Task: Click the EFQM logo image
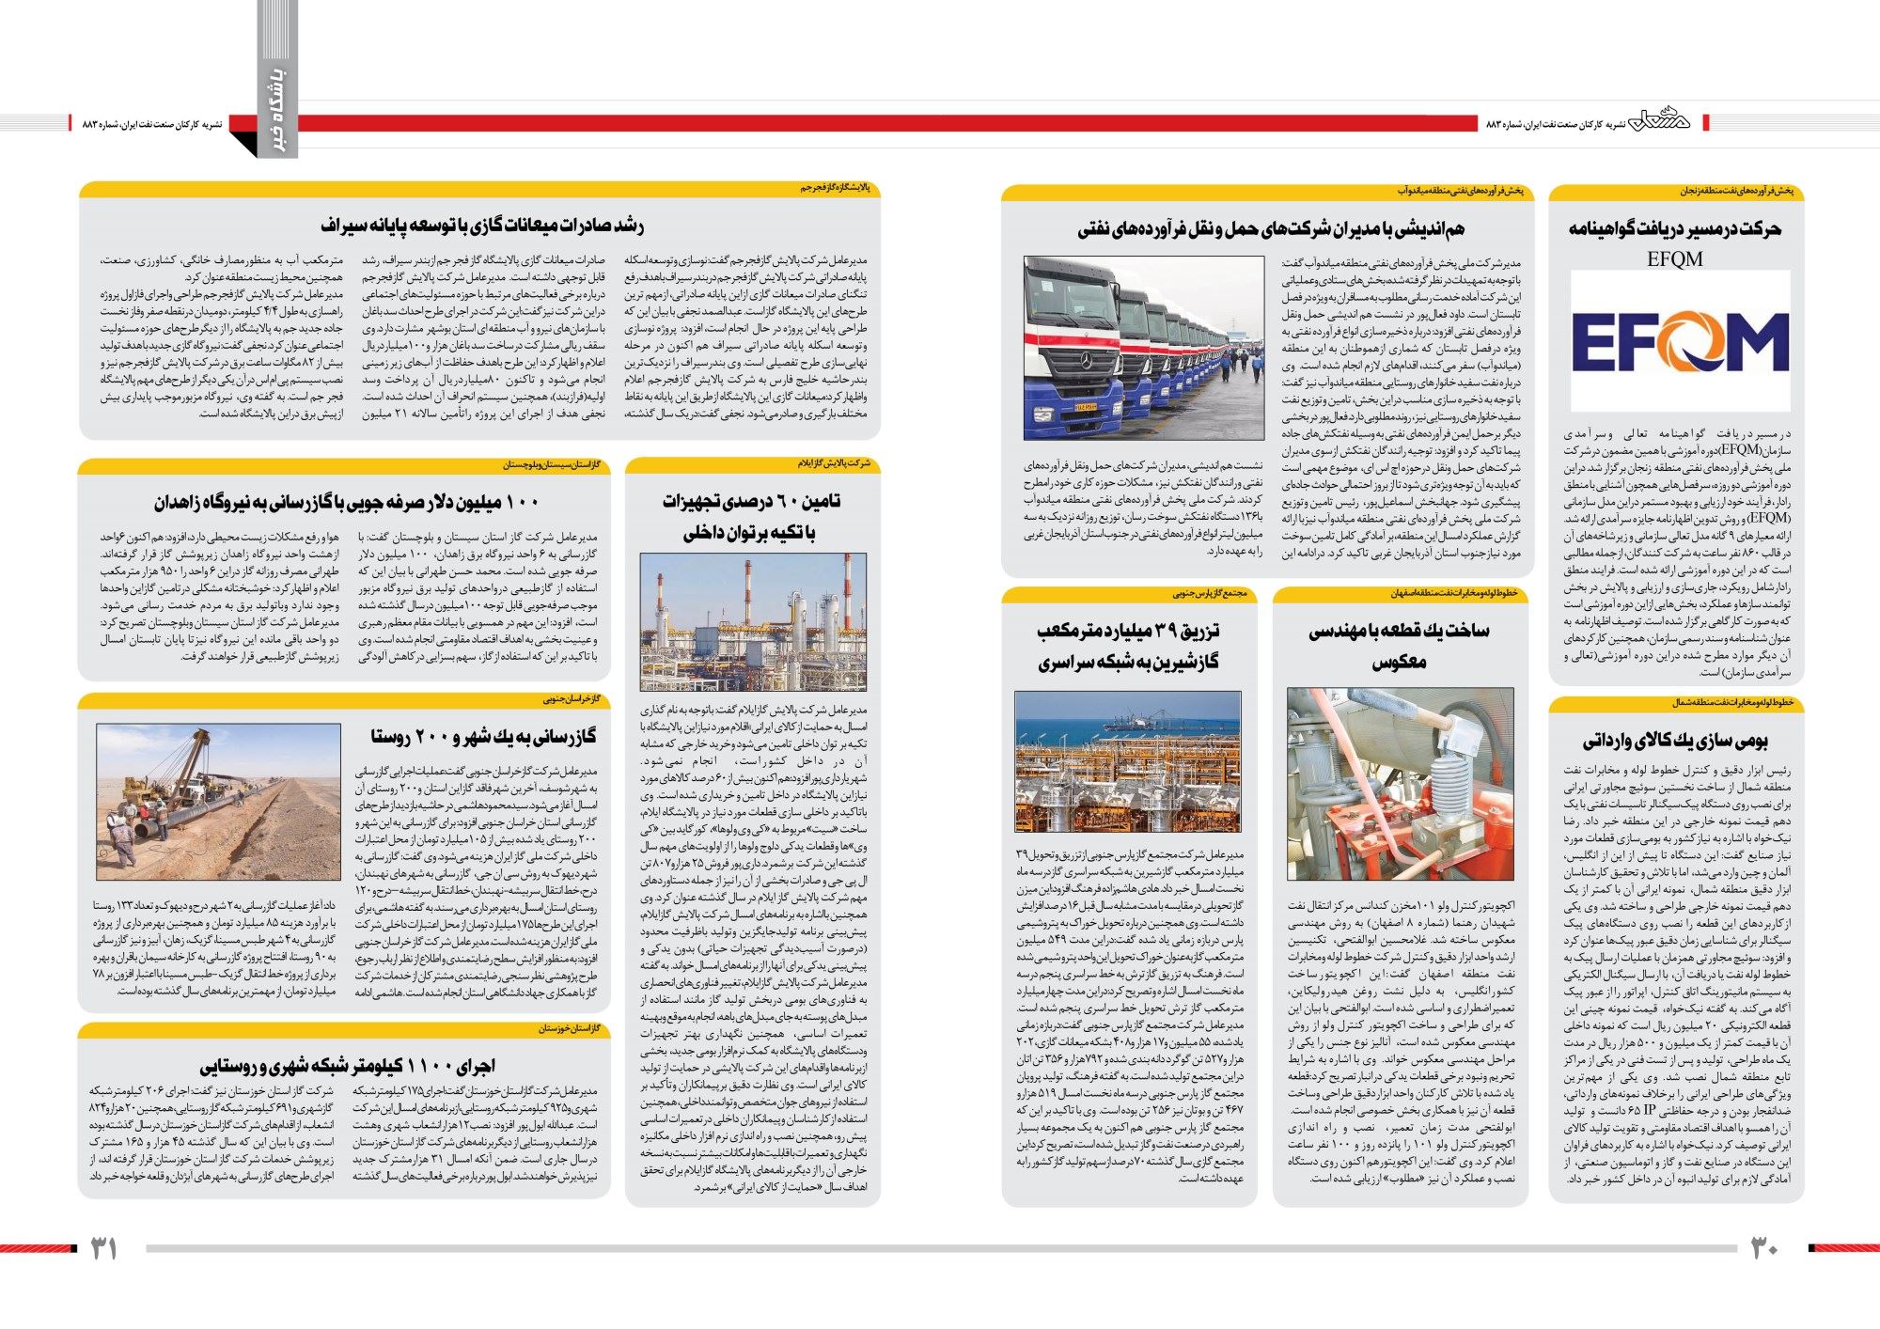click(1680, 344)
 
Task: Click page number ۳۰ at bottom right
click(1763, 1247)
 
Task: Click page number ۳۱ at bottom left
click(103, 1248)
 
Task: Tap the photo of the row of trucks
click(1143, 348)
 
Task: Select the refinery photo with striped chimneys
click(753, 622)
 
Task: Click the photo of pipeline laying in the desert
click(218, 802)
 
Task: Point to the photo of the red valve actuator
click(1400, 783)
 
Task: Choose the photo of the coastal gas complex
click(1127, 761)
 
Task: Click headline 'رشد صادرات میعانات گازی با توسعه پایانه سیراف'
click(481, 226)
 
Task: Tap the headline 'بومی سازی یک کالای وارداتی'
click(1675, 741)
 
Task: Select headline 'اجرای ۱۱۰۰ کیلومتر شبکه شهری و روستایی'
click(347, 1066)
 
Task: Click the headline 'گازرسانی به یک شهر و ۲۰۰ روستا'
click(482, 736)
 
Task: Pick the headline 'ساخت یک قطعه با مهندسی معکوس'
click(1399, 645)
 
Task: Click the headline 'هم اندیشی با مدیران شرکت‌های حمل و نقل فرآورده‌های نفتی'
click(1270, 228)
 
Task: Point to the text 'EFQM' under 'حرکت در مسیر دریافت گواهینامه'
click(1674, 258)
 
